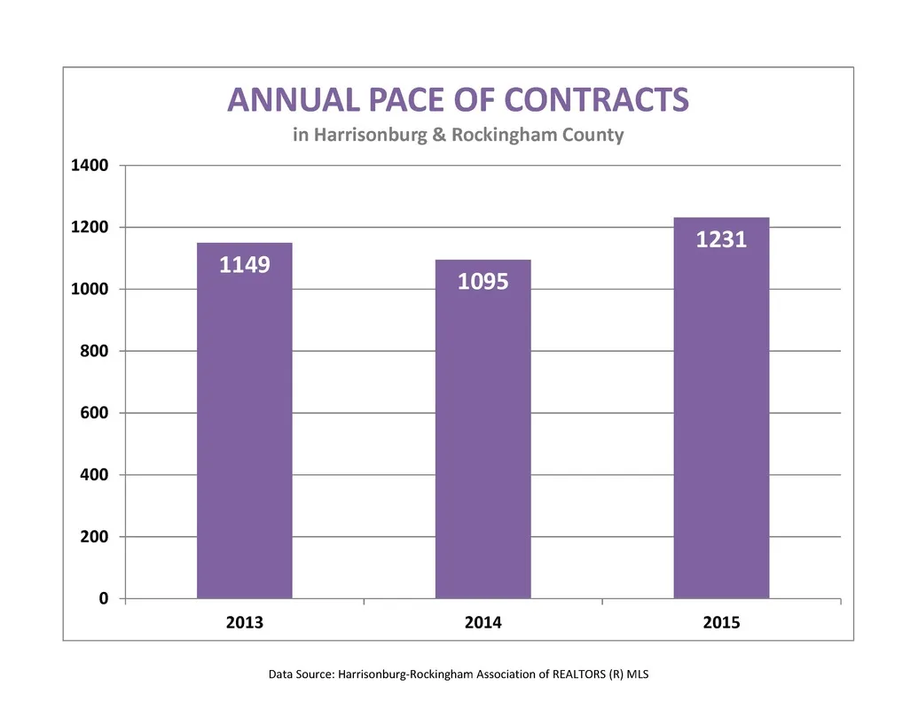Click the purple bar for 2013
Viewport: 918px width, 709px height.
[244, 421]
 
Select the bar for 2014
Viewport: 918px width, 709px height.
[483, 429]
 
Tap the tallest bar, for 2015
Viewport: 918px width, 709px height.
[721, 408]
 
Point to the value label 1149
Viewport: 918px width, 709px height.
[245, 265]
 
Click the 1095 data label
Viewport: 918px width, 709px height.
[483, 282]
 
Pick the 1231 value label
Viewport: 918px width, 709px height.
[721, 240]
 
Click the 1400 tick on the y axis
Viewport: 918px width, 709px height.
[90, 166]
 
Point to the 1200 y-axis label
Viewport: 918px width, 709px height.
[90, 227]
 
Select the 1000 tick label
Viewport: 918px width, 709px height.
[90, 289]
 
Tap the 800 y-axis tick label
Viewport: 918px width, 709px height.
[94, 351]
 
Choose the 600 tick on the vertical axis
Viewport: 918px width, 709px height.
[94, 413]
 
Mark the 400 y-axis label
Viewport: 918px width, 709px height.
[94, 474]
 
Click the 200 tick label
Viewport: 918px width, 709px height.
[94, 536]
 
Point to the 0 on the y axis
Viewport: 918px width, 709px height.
[104, 598]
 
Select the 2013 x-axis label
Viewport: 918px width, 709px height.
[245, 622]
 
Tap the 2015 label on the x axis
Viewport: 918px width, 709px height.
[721, 622]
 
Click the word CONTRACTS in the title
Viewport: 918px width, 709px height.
[597, 99]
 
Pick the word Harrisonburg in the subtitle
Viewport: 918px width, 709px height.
[371, 135]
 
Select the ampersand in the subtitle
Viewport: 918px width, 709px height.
[439, 135]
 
